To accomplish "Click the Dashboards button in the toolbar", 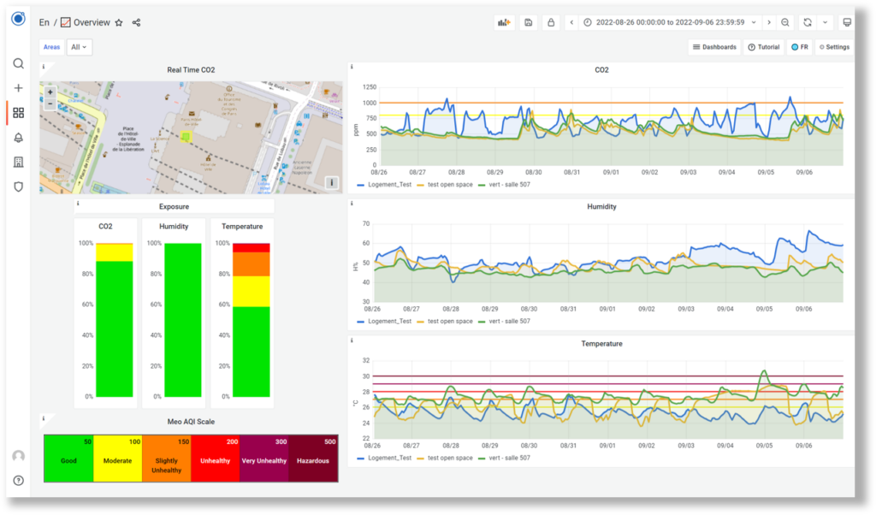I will pyautogui.click(x=714, y=47).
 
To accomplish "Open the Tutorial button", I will pyautogui.click(x=764, y=47).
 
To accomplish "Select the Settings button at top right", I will pyautogui.click(x=834, y=47).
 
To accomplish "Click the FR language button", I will pyautogui.click(x=800, y=47).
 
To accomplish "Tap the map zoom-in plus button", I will pyautogui.click(x=50, y=92).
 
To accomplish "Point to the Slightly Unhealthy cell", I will pyautogui.click(x=166, y=459).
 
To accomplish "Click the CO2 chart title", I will pyautogui.click(x=601, y=70).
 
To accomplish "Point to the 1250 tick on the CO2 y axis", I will pyautogui.click(x=369, y=87).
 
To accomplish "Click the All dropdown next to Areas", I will pyautogui.click(x=80, y=47).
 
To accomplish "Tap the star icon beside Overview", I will pyautogui.click(x=119, y=23).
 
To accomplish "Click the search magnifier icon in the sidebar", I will pyautogui.click(x=18, y=63).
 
